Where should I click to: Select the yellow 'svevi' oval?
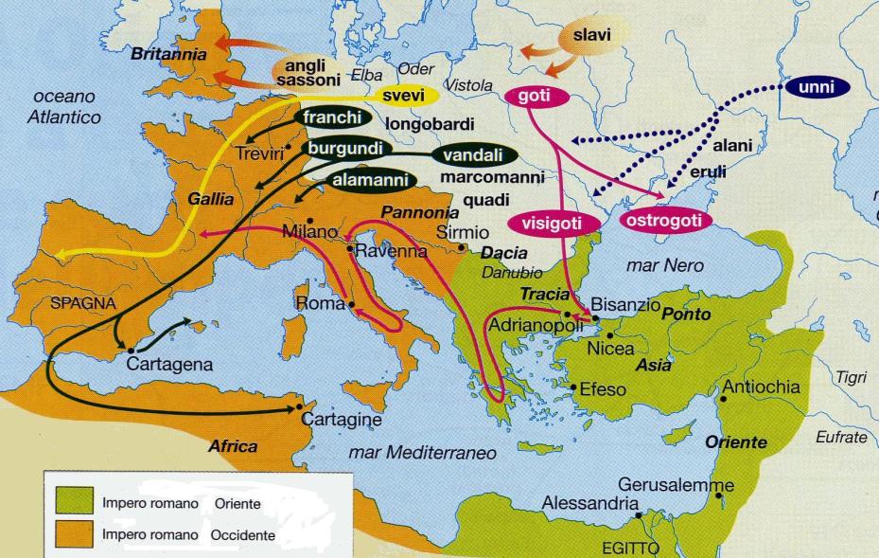403,96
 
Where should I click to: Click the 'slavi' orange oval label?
592,37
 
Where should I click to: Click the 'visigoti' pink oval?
563,224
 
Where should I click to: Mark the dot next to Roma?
352,305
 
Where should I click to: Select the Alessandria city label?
590,503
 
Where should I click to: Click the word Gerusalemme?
676,484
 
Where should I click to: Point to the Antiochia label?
761,387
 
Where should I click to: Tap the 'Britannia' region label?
168,55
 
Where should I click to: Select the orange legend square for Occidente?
73,535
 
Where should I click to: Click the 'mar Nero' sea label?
665,266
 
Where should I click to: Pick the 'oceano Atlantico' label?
65,107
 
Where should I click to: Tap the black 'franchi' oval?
332,117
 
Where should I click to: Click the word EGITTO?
630,549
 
